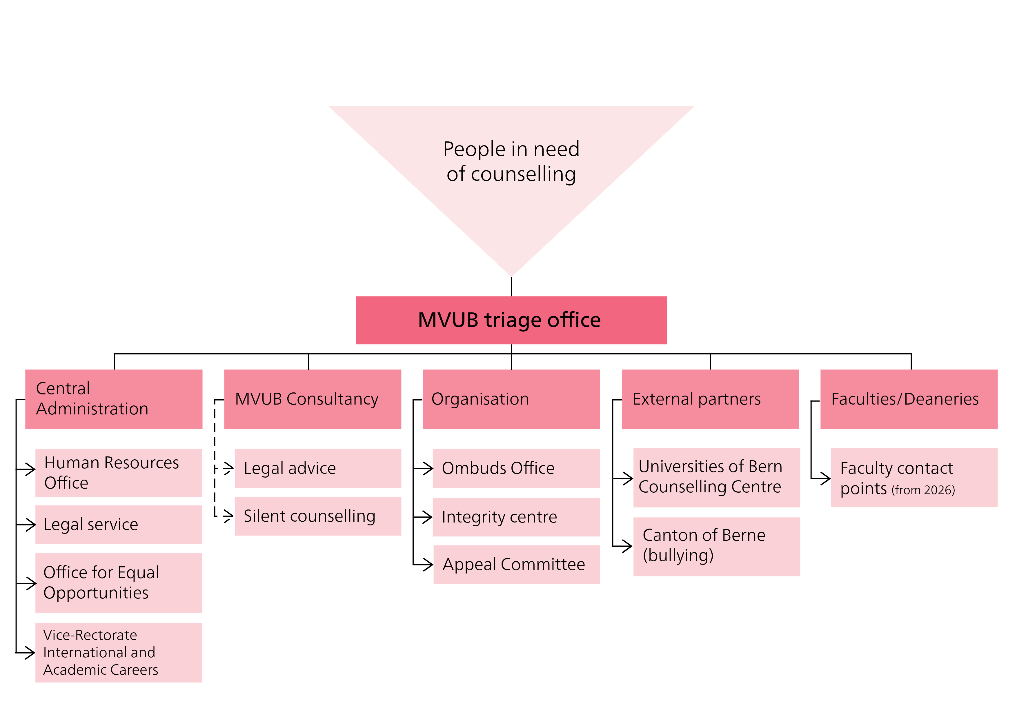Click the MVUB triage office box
511,320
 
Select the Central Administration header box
114,399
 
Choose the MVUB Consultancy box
313,399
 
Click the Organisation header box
511,399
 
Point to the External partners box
710,399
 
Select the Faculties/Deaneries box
909,399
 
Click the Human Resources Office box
119,473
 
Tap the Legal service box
119,525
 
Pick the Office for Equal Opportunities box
119,583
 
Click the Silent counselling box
317,516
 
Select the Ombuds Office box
516,468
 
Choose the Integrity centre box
516,517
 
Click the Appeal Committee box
517,565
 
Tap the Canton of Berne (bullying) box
716,546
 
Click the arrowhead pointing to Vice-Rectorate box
30,653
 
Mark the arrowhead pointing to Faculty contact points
825,478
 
